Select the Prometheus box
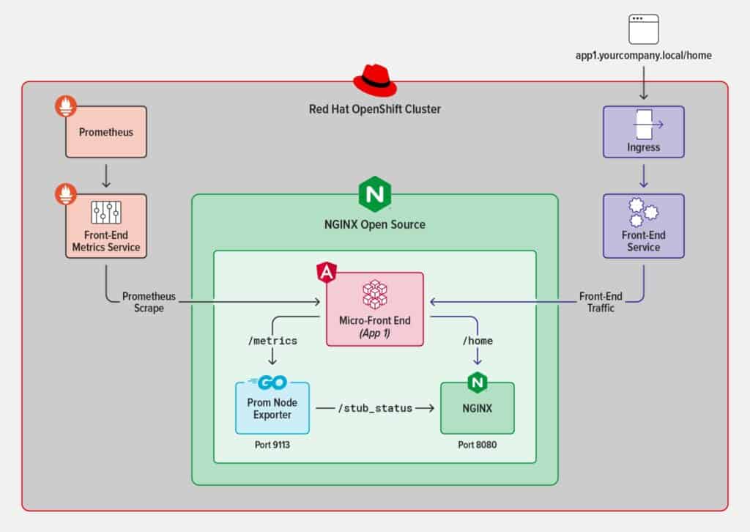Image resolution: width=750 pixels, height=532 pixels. [x=106, y=132]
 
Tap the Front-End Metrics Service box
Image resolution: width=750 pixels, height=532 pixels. [x=106, y=226]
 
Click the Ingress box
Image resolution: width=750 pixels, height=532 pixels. [x=643, y=132]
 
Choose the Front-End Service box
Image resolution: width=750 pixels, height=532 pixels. [x=643, y=226]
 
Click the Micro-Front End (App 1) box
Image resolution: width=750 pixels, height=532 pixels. [x=374, y=309]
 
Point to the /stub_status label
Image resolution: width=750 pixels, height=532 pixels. [x=374, y=407]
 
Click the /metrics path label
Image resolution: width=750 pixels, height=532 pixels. [x=272, y=341]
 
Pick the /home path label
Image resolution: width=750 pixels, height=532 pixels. [x=478, y=341]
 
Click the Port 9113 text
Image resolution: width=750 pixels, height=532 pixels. [x=272, y=445]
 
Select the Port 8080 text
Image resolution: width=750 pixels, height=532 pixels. [x=478, y=445]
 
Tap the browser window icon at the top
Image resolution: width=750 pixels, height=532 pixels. [x=643, y=29]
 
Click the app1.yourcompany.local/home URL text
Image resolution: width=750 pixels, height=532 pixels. [x=643, y=56]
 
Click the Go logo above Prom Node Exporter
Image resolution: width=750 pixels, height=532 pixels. [x=269, y=381]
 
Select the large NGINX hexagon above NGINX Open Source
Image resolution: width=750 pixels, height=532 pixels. [x=374, y=195]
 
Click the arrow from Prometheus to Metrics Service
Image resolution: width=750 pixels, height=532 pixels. [x=106, y=176]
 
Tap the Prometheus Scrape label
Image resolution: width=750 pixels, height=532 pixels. [x=143, y=302]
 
